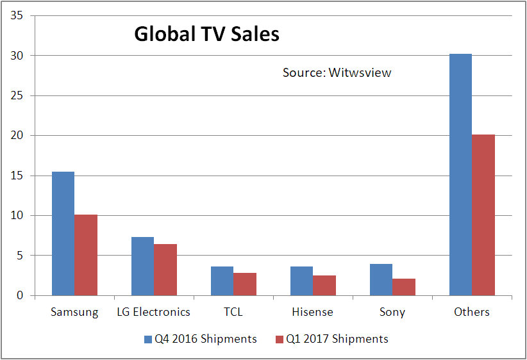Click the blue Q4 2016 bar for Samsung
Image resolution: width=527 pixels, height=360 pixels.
pos(63,233)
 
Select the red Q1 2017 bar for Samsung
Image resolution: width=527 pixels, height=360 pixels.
pos(86,255)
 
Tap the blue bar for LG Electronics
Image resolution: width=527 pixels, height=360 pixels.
pos(142,266)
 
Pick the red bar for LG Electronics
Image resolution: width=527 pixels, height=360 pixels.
pos(165,270)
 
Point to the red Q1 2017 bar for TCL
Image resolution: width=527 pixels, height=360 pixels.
pos(245,284)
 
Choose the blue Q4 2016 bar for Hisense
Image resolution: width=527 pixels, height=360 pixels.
pos(301,281)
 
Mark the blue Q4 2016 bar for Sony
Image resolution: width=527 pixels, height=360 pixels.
pos(381,279)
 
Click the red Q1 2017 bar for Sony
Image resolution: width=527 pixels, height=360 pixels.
pos(404,287)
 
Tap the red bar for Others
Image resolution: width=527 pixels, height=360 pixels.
pos(483,215)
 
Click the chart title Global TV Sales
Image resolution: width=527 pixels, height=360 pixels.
pos(206,34)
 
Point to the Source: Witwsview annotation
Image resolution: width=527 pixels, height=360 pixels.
pos(337,72)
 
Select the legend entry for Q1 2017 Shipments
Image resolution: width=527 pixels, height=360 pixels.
pos(331,338)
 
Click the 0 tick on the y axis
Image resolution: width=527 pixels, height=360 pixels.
pos(21,295)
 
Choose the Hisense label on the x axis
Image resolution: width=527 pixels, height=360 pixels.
pos(312,312)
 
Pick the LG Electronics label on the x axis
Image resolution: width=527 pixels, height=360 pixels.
pos(154,312)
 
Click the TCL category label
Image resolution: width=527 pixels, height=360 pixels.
pos(233,312)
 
